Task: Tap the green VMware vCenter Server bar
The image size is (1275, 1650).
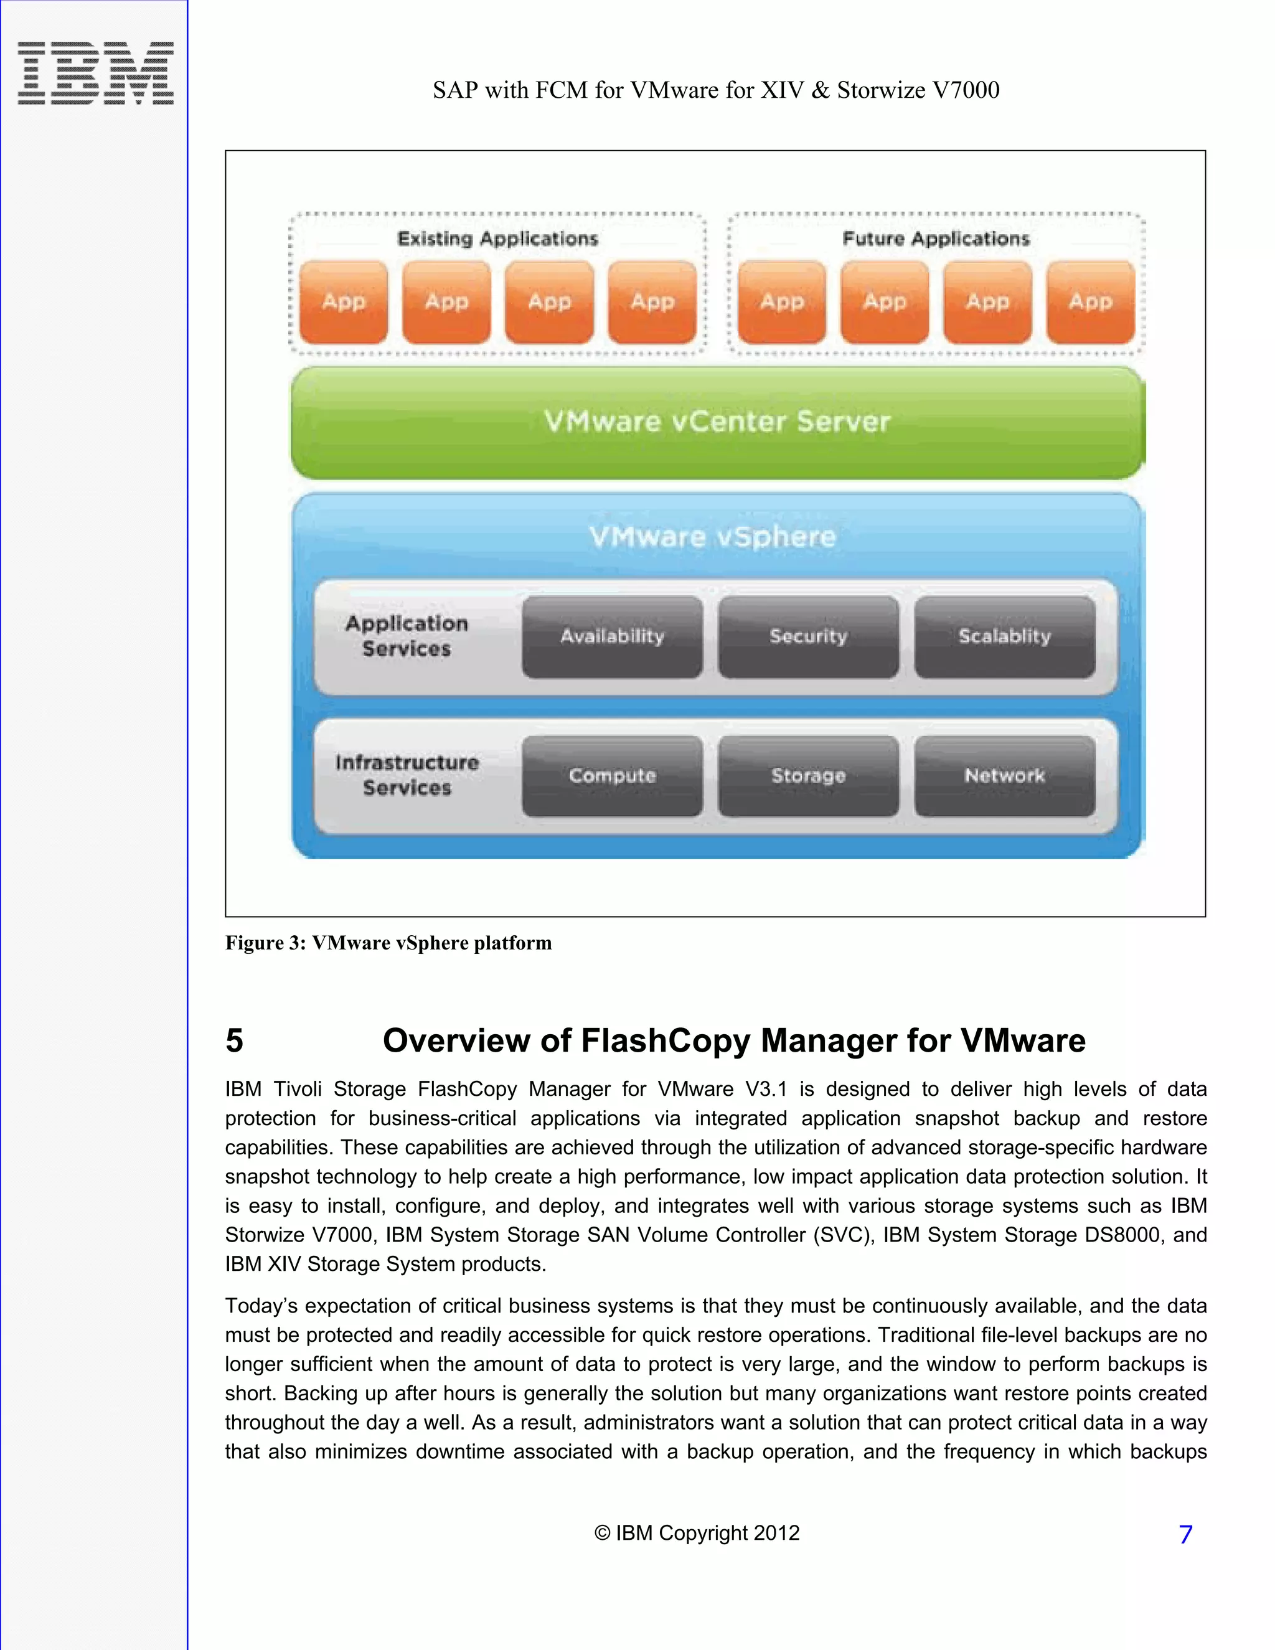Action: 718,422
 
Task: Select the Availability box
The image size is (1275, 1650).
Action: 612,637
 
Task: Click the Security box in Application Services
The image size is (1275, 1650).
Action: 808,637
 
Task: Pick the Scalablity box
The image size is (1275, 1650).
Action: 1005,637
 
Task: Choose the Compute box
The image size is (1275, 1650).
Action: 612,776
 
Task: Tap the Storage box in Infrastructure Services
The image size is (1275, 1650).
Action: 808,776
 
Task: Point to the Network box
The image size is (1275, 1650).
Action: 1005,776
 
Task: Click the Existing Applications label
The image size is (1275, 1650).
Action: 498,238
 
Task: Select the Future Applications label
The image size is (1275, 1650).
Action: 936,238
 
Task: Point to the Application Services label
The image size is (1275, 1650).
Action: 407,636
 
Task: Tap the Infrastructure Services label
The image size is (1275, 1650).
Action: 407,775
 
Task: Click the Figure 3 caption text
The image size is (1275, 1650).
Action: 388,943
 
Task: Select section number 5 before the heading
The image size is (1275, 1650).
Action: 235,1041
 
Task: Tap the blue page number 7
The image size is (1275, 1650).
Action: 1185,1534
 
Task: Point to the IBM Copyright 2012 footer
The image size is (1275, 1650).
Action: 697,1533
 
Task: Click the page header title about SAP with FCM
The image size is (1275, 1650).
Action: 715,90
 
